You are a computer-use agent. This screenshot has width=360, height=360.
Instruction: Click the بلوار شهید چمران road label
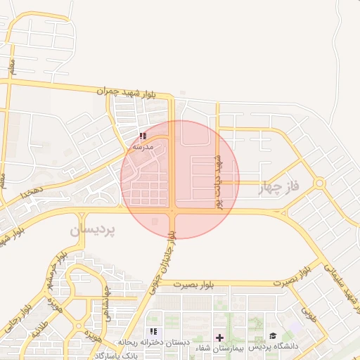pos(139,93)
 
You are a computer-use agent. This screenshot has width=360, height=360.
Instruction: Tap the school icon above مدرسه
pos(143,136)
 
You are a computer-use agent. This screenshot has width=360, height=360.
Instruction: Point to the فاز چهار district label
pos(279,187)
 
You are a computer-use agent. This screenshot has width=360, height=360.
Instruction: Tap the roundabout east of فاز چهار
pos(320,184)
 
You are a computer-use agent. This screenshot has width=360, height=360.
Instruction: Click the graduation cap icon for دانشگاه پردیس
pos(272,337)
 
